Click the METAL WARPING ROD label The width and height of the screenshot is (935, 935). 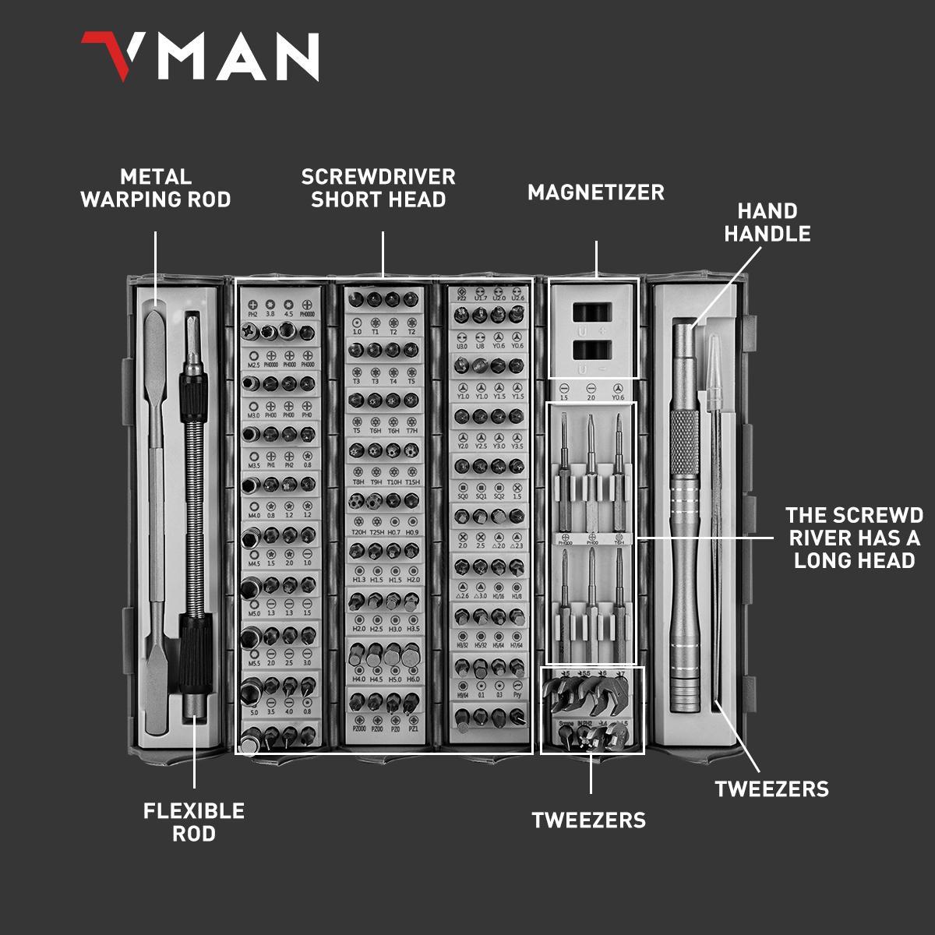156,189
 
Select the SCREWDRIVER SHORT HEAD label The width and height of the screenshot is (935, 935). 379,189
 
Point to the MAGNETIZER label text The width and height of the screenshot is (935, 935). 596,192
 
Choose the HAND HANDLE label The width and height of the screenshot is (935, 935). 767,223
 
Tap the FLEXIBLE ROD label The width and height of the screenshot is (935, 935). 194,822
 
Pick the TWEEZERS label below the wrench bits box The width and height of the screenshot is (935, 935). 589,820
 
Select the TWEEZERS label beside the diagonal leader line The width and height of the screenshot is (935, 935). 772,789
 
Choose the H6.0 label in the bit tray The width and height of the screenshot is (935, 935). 412,679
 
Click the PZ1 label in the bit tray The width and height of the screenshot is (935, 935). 413,729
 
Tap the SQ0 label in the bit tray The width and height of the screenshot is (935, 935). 463,496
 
